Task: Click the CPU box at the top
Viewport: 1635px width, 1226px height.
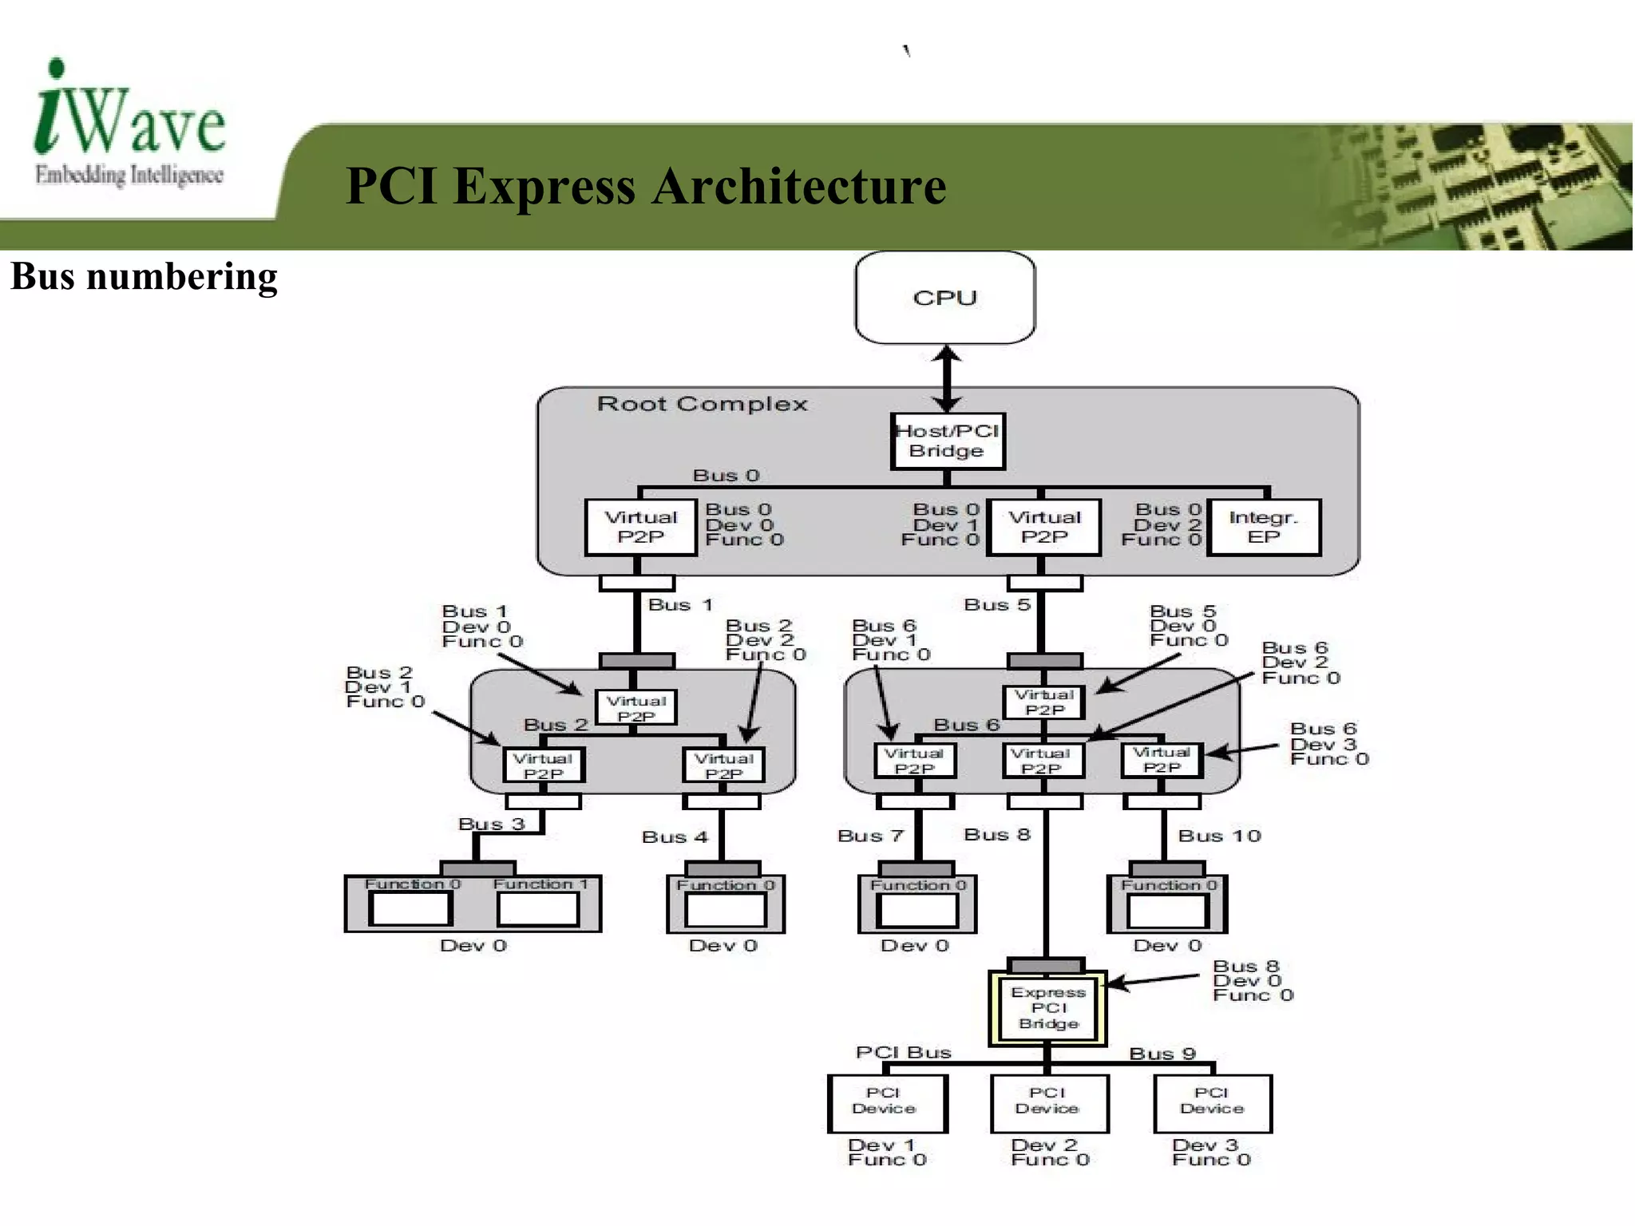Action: (944, 298)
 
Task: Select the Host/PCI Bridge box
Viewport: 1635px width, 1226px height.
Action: (947, 441)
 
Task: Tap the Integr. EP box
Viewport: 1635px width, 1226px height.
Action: (1263, 527)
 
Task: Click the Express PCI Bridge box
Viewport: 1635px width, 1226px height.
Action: (1047, 1008)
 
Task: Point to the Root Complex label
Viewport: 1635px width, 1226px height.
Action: (702, 404)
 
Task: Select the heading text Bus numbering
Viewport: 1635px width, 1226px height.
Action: (144, 277)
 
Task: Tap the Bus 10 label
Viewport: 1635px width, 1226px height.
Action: (1219, 836)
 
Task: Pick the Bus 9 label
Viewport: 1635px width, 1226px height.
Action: (1162, 1054)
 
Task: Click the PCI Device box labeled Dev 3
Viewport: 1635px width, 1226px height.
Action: (1212, 1103)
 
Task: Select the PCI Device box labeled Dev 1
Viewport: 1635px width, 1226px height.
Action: (886, 1103)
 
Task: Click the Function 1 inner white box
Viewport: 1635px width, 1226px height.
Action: (537, 908)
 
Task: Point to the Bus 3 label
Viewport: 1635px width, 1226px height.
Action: (491, 824)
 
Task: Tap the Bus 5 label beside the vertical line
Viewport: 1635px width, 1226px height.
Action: (997, 605)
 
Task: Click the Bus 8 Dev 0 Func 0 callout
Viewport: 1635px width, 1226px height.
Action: (1251, 981)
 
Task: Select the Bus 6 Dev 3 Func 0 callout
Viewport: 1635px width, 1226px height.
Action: (1328, 744)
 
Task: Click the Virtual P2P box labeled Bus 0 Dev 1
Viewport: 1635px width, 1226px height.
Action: (1043, 527)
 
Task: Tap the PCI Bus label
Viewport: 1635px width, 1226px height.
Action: (903, 1052)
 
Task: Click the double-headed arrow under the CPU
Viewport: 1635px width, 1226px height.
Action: (947, 378)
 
